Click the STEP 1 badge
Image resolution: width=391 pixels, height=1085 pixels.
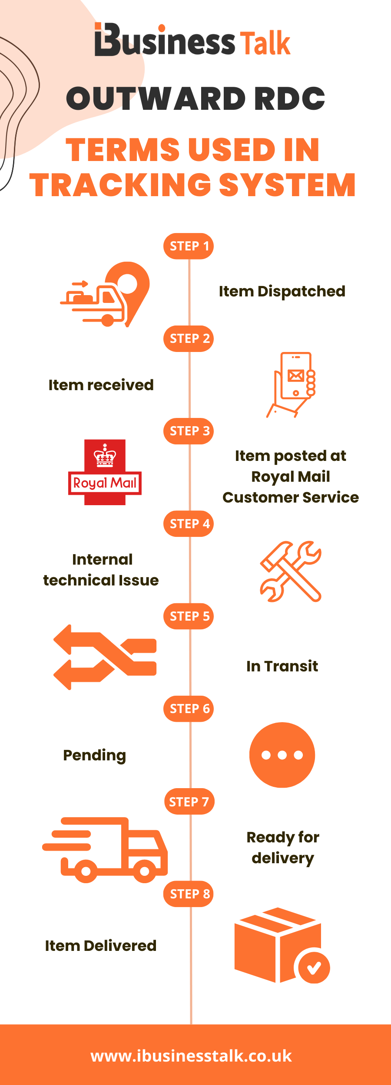pyautogui.click(x=189, y=246)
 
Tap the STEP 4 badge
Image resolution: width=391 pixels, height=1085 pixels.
pyautogui.click(x=189, y=523)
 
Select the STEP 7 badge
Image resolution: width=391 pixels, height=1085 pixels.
pyautogui.click(x=189, y=801)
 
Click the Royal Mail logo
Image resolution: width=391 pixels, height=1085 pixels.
pyautogui.click(x=105, y=472)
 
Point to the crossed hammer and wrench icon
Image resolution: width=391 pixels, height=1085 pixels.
pyautogui.click(x=291, y=571)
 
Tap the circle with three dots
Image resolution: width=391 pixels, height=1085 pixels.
pyautogui.click(x=282, y=755)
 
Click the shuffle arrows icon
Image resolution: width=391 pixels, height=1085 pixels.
pyautogui.click(x=105, y=657)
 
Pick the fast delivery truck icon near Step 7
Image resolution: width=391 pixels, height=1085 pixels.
pyautogui.click(x=105, y=850)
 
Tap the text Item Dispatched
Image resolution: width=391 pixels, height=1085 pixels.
pyautogui.click(x=282, y=291)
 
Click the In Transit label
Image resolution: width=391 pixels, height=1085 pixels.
pyautogui.click(x=282, y=666)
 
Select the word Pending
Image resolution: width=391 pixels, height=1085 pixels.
pyautogui.click(x=95, y=755)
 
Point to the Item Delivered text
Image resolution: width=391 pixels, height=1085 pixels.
pyautogui.click(x=101, y=946)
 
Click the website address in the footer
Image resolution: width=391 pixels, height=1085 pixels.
pyautogui.click(x=191, y=1055)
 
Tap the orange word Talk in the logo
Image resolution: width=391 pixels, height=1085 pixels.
pyautogui.click(x=265, y=43)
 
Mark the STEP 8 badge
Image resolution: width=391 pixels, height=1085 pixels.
pyautogui.click(x=189, y=894)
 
